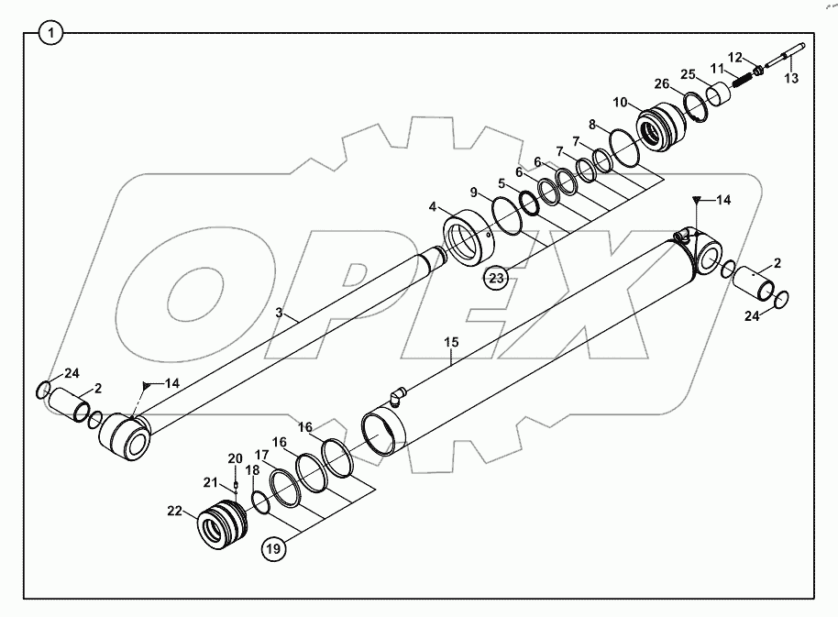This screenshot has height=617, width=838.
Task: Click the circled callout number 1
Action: point(51,35)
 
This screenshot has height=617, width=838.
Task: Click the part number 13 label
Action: point(791,79)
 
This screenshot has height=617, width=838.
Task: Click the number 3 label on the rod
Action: point(280,313)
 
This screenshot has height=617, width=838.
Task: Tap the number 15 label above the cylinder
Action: point(451,342)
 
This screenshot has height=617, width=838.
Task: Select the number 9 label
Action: point(474,193)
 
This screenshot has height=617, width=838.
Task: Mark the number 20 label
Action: point(235,458)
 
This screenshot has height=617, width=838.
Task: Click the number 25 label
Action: point(687,73)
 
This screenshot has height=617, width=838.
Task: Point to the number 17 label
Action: point(261,454)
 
